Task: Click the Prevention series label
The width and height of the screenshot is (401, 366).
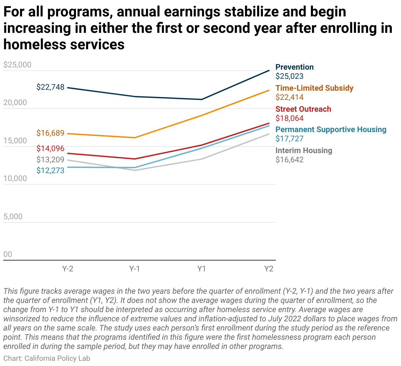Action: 294,67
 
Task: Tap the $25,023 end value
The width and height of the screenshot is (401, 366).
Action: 289,76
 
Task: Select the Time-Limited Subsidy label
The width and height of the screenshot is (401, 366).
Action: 314,88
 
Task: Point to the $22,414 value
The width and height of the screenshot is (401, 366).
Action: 289,97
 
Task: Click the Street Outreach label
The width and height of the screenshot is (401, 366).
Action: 303,109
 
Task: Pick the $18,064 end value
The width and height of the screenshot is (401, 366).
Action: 289,118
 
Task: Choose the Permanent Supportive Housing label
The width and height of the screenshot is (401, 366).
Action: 331,129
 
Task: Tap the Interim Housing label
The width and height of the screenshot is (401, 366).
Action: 304,150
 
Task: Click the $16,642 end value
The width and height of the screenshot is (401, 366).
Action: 289,160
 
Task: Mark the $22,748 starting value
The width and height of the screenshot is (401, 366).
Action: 50,87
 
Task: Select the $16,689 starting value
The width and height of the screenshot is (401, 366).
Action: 50,133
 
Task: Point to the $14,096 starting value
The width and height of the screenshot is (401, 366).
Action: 50,148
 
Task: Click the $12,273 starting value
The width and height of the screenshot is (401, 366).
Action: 50,170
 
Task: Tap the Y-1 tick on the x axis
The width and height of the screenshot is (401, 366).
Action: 134,269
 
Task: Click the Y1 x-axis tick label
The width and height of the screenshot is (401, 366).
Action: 201,269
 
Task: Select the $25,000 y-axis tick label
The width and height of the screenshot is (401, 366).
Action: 17,65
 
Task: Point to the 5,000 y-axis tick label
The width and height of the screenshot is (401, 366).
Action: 13,216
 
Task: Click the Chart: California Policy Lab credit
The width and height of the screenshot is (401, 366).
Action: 47,358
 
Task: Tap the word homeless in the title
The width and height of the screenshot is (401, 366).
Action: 35,44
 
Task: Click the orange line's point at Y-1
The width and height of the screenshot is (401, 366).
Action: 135,138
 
